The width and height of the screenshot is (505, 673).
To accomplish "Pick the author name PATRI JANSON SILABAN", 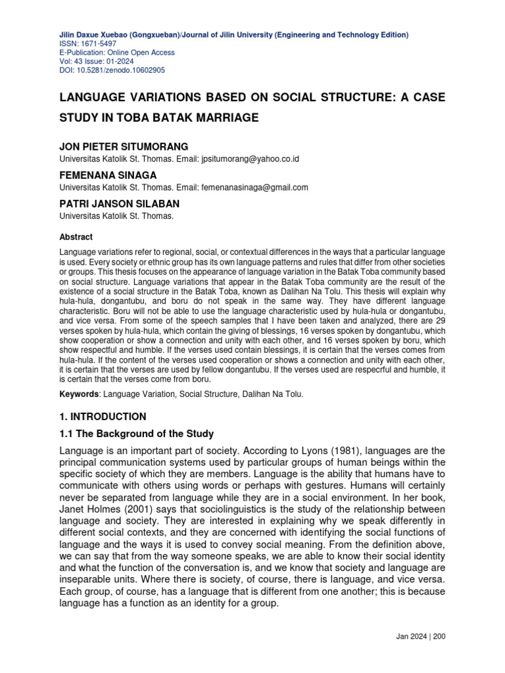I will point(120,203).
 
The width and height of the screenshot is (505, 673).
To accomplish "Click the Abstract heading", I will point(76,237).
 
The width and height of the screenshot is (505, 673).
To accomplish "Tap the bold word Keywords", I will point(79,394).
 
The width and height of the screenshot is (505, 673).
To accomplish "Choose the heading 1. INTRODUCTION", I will point(103,417).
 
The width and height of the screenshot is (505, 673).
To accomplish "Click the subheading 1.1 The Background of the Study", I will point(137,434).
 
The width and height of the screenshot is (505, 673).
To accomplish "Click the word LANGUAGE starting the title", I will point(93,97).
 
